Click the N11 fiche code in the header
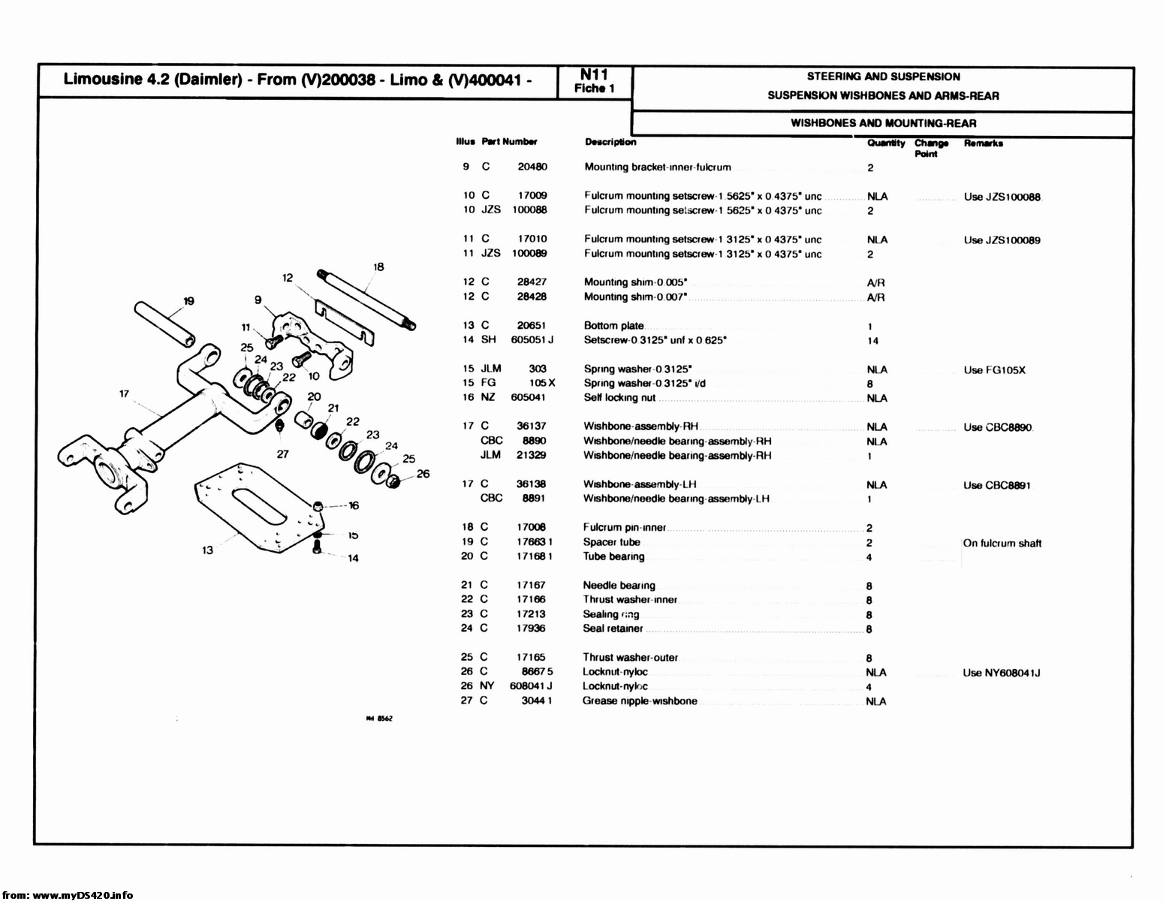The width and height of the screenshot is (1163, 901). [594, 74]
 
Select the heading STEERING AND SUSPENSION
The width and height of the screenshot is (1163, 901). [883, 77]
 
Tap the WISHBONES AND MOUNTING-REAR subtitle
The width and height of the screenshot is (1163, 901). [883, 123]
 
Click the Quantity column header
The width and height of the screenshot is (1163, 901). [886, 143]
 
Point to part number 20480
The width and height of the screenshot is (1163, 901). [532, 167]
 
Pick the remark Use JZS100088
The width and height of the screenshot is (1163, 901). [1002, 197]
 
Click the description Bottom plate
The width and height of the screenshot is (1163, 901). [613, 326]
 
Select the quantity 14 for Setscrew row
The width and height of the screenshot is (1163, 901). [872, 341]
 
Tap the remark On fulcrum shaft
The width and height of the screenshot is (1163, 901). [1002, 543]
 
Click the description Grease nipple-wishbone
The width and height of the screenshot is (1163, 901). [640, 701]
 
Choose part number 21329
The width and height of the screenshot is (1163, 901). [532, 455]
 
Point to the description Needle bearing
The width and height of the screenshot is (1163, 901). [619, 586]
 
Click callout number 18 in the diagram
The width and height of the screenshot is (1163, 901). [378, 267]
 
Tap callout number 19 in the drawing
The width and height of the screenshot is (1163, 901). [188, 301]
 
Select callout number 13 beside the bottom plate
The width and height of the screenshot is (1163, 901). [208, 550]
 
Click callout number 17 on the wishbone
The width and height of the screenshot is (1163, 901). [124, 393]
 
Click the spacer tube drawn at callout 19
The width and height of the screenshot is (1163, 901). [164, 323]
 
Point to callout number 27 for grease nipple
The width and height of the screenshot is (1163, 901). [282, 454]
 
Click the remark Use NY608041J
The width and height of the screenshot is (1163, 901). [1002, 673]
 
